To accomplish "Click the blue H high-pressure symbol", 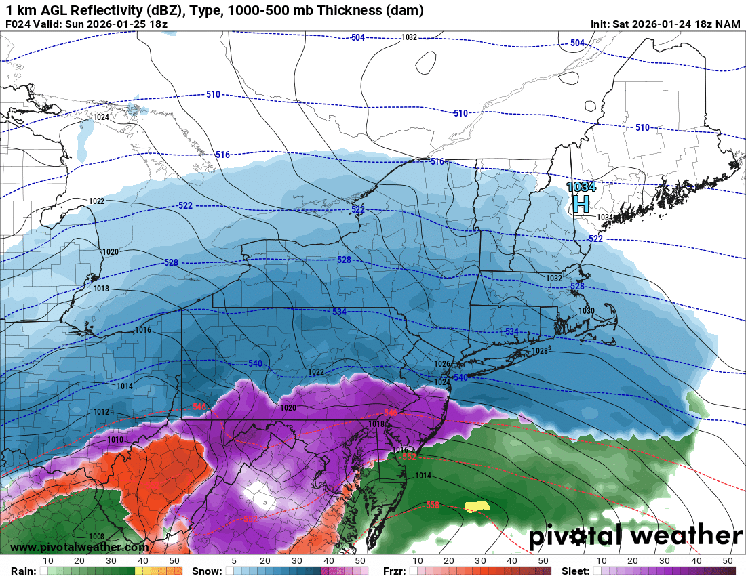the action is (581, 204).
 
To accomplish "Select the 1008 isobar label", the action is (96, 536).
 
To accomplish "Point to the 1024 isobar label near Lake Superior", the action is (101, 117).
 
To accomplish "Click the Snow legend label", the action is (206, 570).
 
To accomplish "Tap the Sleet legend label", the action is (576, 570).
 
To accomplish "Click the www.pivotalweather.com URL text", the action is (79, 547).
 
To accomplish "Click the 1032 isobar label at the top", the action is (409, 37).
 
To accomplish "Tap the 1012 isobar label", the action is (102, 411).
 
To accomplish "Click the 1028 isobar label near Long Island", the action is (540, 350).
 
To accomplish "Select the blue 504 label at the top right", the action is (577, 43).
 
